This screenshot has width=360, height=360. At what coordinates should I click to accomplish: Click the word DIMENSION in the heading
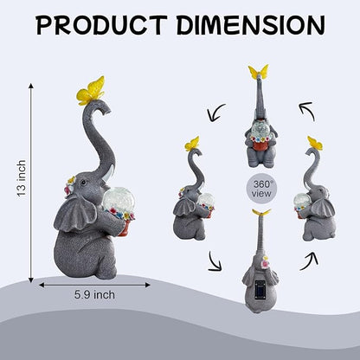click(x=250, y=25)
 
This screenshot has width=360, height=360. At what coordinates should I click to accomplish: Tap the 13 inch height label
click(x=22, y=178)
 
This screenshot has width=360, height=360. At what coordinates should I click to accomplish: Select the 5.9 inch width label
click(x=94, y=295)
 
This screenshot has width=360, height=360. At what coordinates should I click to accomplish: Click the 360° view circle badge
click(x=261, y=189)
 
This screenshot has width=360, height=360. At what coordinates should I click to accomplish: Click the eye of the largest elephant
click(x=84, y=183)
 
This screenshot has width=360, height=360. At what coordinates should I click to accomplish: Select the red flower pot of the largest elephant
click(x=125, y=228)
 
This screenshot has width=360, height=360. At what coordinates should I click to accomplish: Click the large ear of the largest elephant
click(x=75, y=214)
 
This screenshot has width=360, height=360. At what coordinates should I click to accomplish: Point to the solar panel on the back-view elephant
click(x=260, y=290)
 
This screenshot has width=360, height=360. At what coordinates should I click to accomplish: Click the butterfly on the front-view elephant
click(x=259, y=72)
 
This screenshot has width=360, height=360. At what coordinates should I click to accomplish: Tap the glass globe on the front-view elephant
click(x=260, y=129)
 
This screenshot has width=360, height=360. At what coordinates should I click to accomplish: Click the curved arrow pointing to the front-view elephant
click(x=307, y=110)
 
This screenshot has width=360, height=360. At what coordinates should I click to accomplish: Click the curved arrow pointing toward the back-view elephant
click(x=215, y=261)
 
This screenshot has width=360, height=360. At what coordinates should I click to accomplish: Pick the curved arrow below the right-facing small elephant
click(x=309, y=261)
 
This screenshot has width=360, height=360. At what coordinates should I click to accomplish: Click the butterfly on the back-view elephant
click(x=260, y=212)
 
